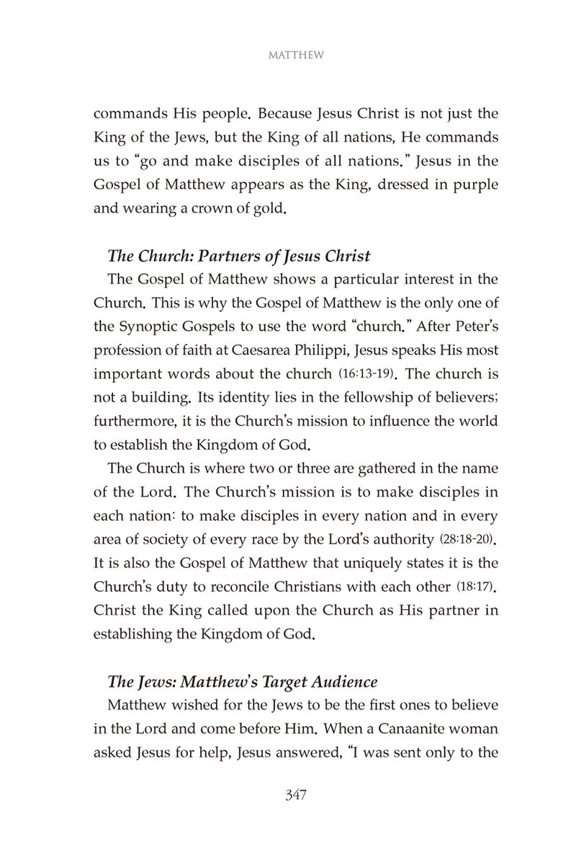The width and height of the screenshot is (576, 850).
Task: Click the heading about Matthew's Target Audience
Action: (x=242, y=681)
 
